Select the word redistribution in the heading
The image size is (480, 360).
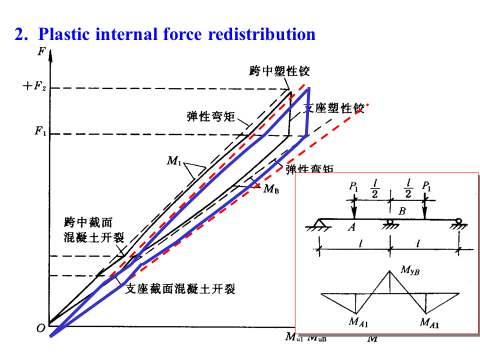(261, 34)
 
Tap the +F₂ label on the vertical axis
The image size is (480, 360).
(33, 86)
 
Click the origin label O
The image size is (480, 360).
(40, 328)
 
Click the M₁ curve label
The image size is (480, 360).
(174, 161)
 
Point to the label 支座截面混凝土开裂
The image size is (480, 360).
(180, 288)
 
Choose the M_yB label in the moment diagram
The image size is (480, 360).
(409, 270)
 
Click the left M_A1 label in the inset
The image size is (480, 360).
(358, 322)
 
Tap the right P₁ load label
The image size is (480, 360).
(426, 186)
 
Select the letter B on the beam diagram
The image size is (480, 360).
(401, 211)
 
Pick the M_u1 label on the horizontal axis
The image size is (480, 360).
(293, 337)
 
